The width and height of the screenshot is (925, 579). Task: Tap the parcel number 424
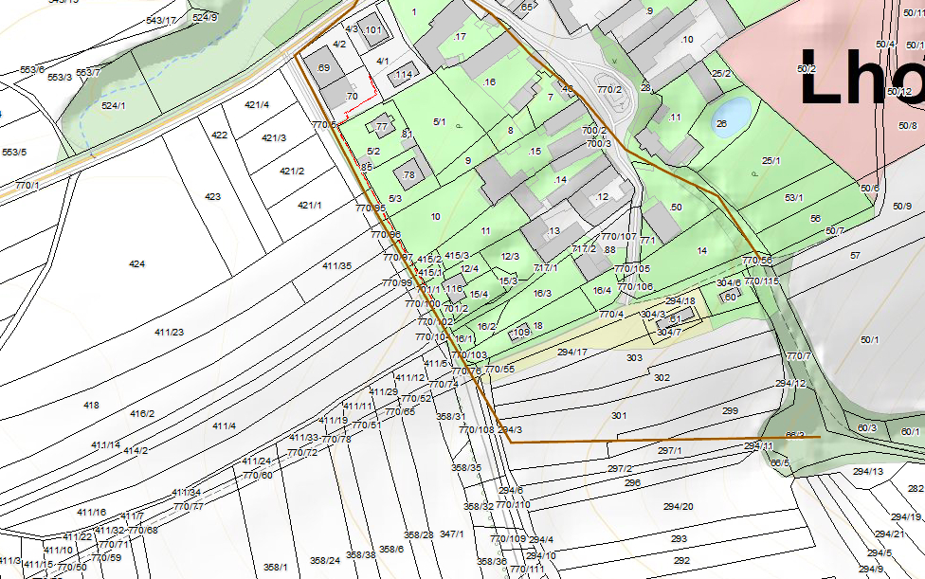pos(136,264)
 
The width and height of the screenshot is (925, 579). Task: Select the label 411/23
pos(169,332)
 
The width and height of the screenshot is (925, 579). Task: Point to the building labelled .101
pos(373,31)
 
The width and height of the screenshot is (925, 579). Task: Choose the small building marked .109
pos(519,332)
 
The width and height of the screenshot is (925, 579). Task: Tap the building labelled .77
pos(381,126)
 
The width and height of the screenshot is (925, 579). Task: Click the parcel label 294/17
pos(572,352)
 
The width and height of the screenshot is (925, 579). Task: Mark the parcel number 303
pos(634,358)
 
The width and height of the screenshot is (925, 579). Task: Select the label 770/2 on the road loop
pos(609,89)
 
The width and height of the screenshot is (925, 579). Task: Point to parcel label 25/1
pos(771,161)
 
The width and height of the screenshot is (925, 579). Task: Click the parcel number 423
pos(212,197)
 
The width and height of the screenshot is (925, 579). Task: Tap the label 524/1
pos(113,105)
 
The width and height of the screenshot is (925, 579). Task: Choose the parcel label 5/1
pos(439,121)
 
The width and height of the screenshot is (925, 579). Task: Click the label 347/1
pos(452,534)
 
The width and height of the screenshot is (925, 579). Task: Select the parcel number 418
pos(91,405)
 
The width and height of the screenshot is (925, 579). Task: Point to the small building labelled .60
pos(729,297)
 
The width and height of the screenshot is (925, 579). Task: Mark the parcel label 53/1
pos(793,198)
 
